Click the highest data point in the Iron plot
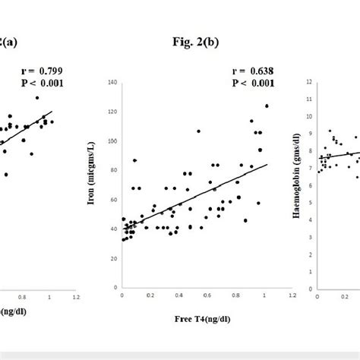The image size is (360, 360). pos(267,106)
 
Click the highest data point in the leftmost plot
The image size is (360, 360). pos(36,98)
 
